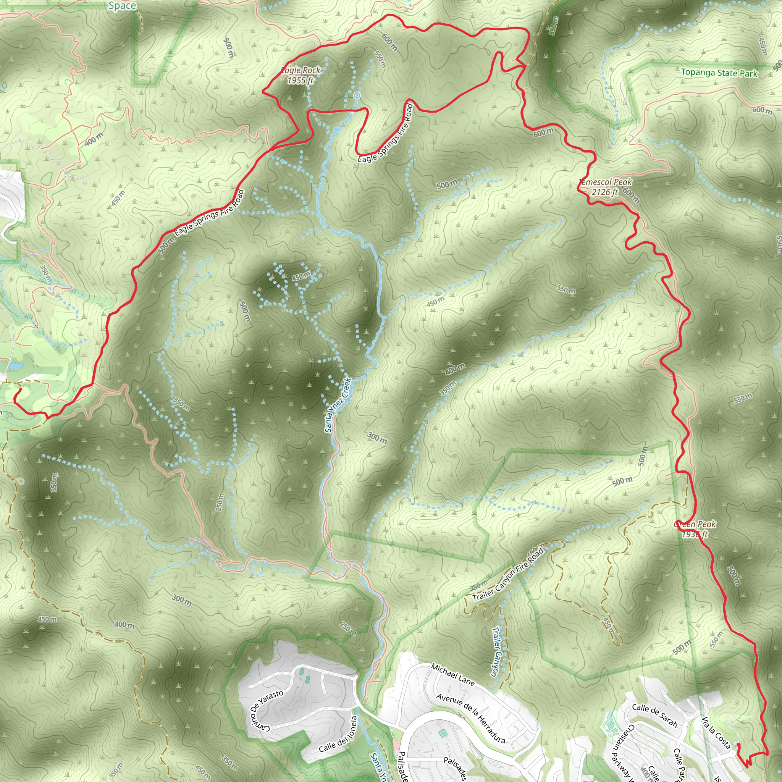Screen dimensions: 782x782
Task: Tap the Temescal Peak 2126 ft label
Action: click(x=605, y=187)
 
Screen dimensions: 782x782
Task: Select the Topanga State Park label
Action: click(x=719, y=73)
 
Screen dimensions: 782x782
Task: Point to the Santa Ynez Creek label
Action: click(x=338, y=405)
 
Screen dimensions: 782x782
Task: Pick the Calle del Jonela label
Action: click(x=338, y=734)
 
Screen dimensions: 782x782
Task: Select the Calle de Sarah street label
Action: click(x=654, y=714)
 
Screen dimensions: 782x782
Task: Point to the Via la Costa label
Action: click(x=716, y=733)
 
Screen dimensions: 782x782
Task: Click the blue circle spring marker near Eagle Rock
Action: click(x=357, y=95)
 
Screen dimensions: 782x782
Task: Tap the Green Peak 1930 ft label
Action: click(x=695, y=529)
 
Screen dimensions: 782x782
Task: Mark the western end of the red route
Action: click(x=19, y=389)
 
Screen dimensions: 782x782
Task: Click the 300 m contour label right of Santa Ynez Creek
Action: click(x=377, y=438)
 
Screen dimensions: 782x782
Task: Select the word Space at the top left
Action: click(x=122, y=6)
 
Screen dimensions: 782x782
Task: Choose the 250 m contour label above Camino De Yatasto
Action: click(x=348, y=627)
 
